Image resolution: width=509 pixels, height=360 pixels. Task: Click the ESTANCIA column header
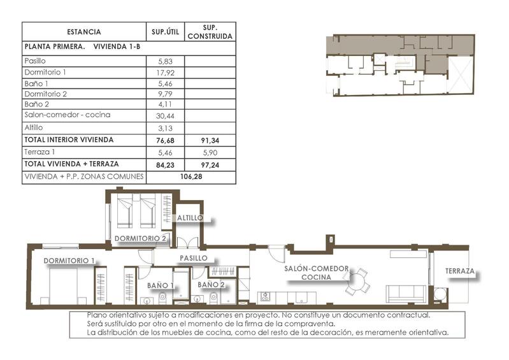[83, 32]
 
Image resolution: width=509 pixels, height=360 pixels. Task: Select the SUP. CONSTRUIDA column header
[210, 32]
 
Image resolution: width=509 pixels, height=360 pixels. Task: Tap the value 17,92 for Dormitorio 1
[165, 72]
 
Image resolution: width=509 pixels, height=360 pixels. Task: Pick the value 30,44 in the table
[165, 115]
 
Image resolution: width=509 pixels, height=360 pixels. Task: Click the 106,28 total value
[191, 176]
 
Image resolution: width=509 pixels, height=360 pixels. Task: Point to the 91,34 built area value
[210, 140]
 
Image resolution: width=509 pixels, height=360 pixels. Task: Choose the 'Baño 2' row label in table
[36, 104]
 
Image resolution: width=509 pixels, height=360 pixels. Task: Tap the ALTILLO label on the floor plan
[190, 218]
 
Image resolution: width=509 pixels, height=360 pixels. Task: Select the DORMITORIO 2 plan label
[140, 239]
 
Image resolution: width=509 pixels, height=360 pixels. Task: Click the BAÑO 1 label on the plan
[159, 285]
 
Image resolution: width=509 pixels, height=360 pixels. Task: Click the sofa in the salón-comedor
[406, 293]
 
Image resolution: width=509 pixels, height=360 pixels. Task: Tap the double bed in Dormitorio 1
[64, 285]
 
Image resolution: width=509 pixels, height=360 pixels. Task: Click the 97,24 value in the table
[210, 164]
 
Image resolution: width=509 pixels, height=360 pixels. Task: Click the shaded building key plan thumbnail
[400, 66]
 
